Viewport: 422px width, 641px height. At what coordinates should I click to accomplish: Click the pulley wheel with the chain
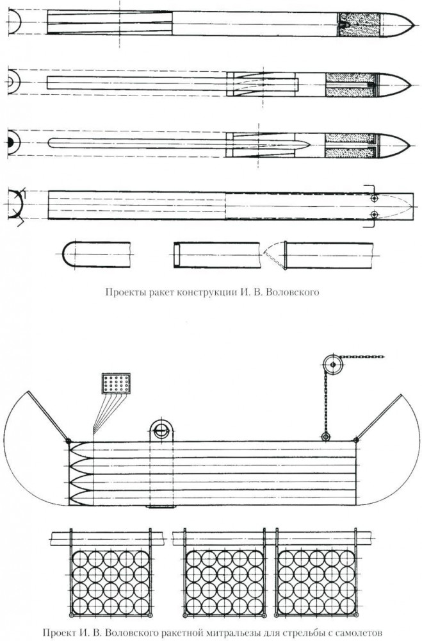click(x=333, y=364)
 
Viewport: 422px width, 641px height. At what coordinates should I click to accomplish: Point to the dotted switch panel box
click(x=116, y=383)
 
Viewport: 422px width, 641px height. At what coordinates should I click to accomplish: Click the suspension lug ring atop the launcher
click(x=161, y=429)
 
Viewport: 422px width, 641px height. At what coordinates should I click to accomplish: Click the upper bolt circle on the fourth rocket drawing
click(x=374, y=198)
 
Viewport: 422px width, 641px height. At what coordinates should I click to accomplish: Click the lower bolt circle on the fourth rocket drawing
click(x=374, y=214)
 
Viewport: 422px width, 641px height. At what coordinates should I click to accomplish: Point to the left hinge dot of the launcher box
click(x=69, y=441)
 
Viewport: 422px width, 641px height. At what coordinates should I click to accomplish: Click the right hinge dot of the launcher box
click(x=356, y=440)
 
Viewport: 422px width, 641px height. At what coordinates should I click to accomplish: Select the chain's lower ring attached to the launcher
click(x=325, y=437)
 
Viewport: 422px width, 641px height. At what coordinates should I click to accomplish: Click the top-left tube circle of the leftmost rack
click(x=80, y=558)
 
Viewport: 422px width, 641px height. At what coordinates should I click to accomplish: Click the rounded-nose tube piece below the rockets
click(x=97, y=255)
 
